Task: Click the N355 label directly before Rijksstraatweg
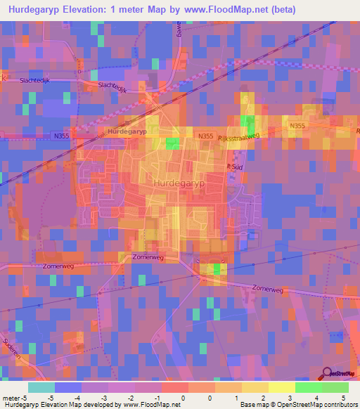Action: [x=205, y=136]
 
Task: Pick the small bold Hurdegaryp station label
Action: [x=127, y=131]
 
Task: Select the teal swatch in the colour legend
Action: [x=41, y=387]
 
